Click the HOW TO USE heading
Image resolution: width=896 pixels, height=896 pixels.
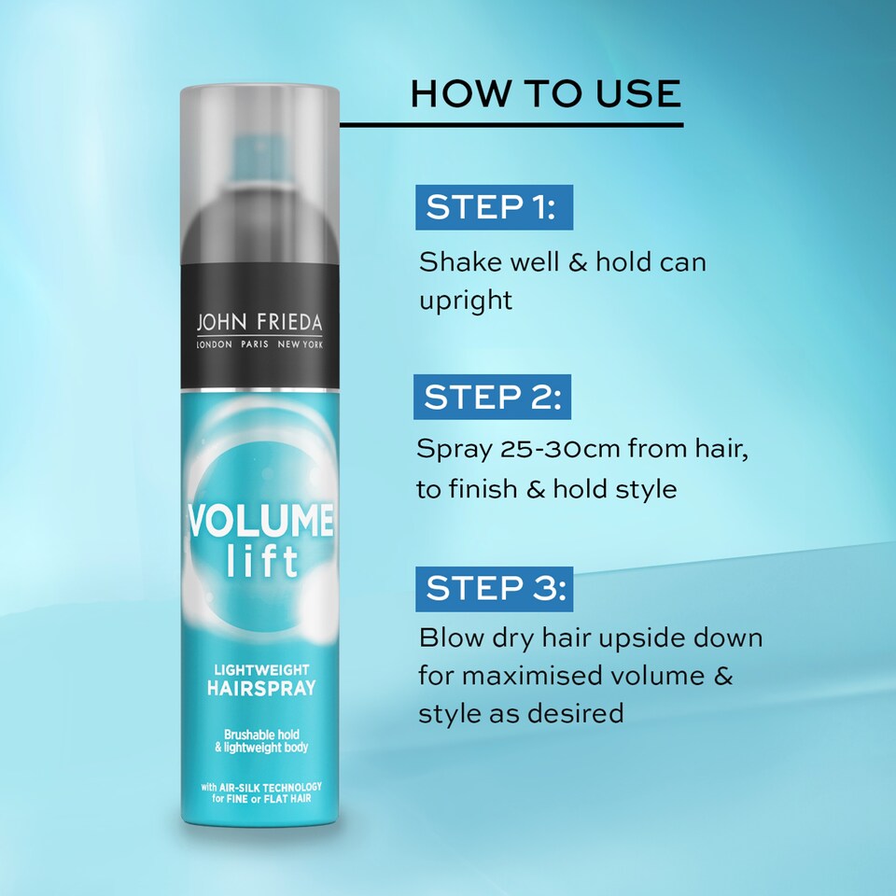pyautogui.click(x=546, y=95)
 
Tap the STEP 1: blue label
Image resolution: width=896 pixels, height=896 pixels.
pyautogui.click(x=494, y=207)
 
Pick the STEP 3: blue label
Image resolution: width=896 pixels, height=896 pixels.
pyautogui.click(x=494, y=589)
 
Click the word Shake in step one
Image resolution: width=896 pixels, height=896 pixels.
pyautogui.click(x=455, y=261)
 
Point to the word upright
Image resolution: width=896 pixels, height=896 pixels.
pyautogui.click(x=466, y=301)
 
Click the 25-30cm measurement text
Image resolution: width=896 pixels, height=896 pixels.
pyautogui.click(x=554, y=450)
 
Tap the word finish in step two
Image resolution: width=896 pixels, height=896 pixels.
pyautogui.click(x=491, y=489)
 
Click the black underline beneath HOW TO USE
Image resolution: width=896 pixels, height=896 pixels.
pyautogui.click(x=511, y=124)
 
